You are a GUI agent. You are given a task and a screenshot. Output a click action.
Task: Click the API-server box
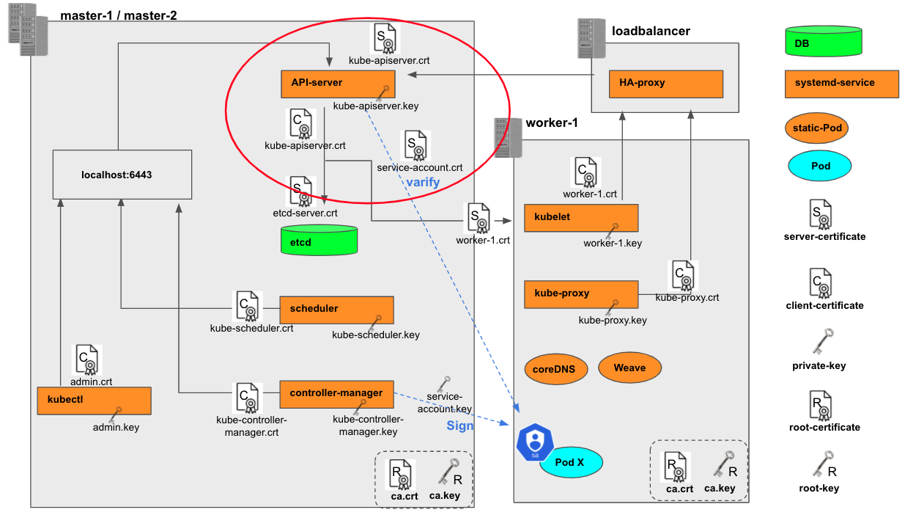coord(338,84)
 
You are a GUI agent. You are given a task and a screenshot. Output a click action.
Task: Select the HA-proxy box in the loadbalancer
coord(666,84)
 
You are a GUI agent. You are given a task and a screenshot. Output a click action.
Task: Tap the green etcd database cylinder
coord(319,241)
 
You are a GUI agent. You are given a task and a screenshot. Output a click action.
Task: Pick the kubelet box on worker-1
coord(581,218)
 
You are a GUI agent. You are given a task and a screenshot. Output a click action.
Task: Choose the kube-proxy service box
coord(581,293)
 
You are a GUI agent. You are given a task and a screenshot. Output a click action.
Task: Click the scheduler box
coord(336,309)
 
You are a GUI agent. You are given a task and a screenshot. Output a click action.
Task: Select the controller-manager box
coord(336,394)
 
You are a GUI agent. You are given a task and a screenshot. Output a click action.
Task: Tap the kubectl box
coord(94,401)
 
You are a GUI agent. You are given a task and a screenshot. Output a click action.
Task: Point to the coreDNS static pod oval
coord(556,370)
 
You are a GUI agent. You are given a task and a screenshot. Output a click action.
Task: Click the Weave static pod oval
coord(629,368)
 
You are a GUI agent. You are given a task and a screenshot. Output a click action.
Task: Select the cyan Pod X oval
coord(571,463)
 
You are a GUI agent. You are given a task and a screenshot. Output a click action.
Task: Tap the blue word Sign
coord(460,426)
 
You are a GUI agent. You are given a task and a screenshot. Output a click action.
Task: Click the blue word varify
coord(422,182)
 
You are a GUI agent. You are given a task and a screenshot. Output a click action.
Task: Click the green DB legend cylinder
coord(822,43)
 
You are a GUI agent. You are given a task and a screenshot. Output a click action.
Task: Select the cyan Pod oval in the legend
coord(820,166)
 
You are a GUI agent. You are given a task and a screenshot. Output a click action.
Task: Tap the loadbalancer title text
coord(651,31)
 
